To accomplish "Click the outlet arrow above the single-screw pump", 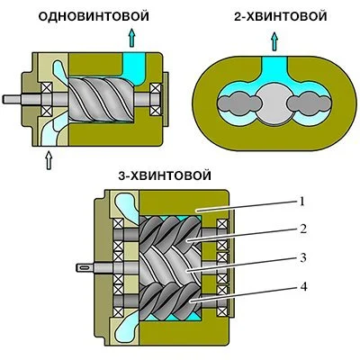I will click(x=132, y=35).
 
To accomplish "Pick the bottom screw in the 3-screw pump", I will click(x=175, y=302).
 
